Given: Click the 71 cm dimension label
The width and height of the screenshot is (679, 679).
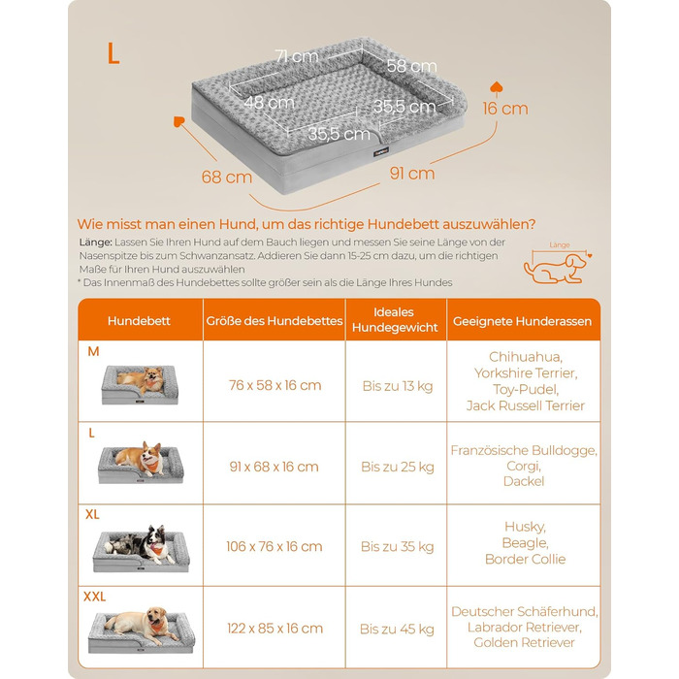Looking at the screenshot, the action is pos(297,56).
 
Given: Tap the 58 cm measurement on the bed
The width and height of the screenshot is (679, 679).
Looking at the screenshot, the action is pos(411,66).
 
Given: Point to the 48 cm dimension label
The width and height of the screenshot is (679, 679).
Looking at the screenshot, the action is pos(269,103).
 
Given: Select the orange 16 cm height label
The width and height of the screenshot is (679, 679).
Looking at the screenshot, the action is pos(505,109).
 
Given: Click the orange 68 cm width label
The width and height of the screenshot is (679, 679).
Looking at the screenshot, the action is pos(226,177).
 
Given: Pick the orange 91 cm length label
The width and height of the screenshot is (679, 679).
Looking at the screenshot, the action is pos(412,174).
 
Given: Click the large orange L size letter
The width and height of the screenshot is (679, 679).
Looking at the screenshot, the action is pos(113,53).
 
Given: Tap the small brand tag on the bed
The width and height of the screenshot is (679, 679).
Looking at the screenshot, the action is pos(381,152).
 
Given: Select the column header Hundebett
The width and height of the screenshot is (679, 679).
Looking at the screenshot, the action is pos(139,321).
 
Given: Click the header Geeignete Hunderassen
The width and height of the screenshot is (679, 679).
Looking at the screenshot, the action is pos(522,321).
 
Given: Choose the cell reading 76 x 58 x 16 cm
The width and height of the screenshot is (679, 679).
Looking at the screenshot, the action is pos(275,385).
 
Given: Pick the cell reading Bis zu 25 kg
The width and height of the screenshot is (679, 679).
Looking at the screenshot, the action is pos(398,467).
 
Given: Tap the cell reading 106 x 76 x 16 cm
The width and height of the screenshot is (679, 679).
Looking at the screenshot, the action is pos(275,546).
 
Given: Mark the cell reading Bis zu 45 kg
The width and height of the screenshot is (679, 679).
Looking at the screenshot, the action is pos(397,629).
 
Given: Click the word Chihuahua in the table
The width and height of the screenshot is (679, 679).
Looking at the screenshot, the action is pos(526,357).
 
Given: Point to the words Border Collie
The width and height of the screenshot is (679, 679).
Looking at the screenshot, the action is pos(526,559).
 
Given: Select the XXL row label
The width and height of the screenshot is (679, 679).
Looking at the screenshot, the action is pos(94,597).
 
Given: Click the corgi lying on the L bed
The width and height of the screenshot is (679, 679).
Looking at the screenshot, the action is pos(141,460).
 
